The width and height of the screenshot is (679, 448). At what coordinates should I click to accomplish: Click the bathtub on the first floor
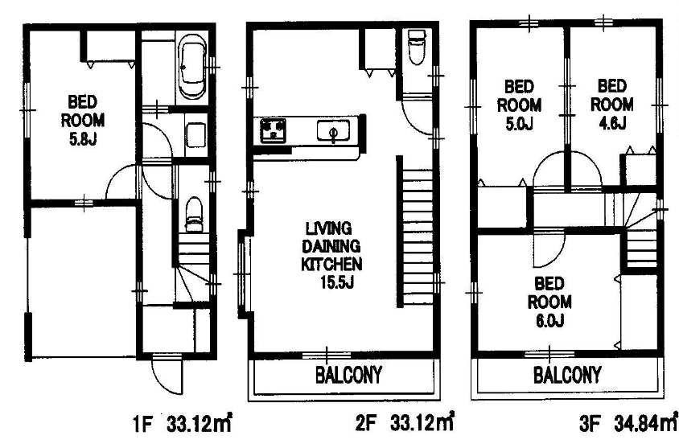pos(193,67)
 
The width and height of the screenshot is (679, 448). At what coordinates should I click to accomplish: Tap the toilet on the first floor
pos(194,215)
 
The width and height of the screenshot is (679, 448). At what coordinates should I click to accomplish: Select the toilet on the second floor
pos(417,47)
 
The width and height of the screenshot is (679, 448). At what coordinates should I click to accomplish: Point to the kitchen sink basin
pos(333,131)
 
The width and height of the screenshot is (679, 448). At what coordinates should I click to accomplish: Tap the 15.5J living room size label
pos(337,282)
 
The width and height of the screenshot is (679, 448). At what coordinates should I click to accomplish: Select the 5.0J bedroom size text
pos(519,124)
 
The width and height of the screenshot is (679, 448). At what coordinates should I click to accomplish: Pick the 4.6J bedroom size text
pos(612,124)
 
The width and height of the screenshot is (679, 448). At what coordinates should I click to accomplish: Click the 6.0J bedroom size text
pos(549,321)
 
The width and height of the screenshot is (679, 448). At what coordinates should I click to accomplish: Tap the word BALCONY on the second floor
pos(348,375)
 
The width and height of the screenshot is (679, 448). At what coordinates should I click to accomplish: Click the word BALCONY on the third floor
pos(567,375)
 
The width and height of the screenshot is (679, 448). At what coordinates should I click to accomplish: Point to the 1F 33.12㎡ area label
pos(182,424)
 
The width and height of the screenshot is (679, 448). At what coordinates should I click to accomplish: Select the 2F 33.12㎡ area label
pos(405,422)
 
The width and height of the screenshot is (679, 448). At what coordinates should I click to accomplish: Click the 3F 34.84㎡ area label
pos(628,423)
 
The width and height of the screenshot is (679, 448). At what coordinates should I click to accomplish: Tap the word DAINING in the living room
pos(331,246)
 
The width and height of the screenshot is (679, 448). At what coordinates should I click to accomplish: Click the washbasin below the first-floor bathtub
pos(195,135)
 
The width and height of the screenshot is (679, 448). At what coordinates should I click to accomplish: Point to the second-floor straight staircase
pos(416,232)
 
